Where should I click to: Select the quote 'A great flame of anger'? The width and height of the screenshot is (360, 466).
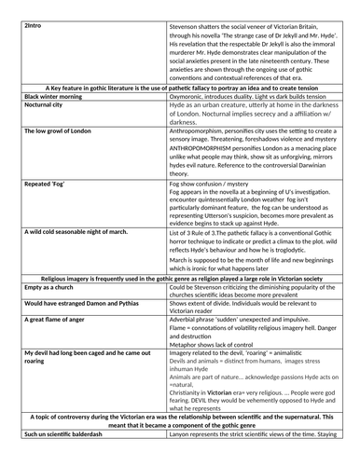61,347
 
